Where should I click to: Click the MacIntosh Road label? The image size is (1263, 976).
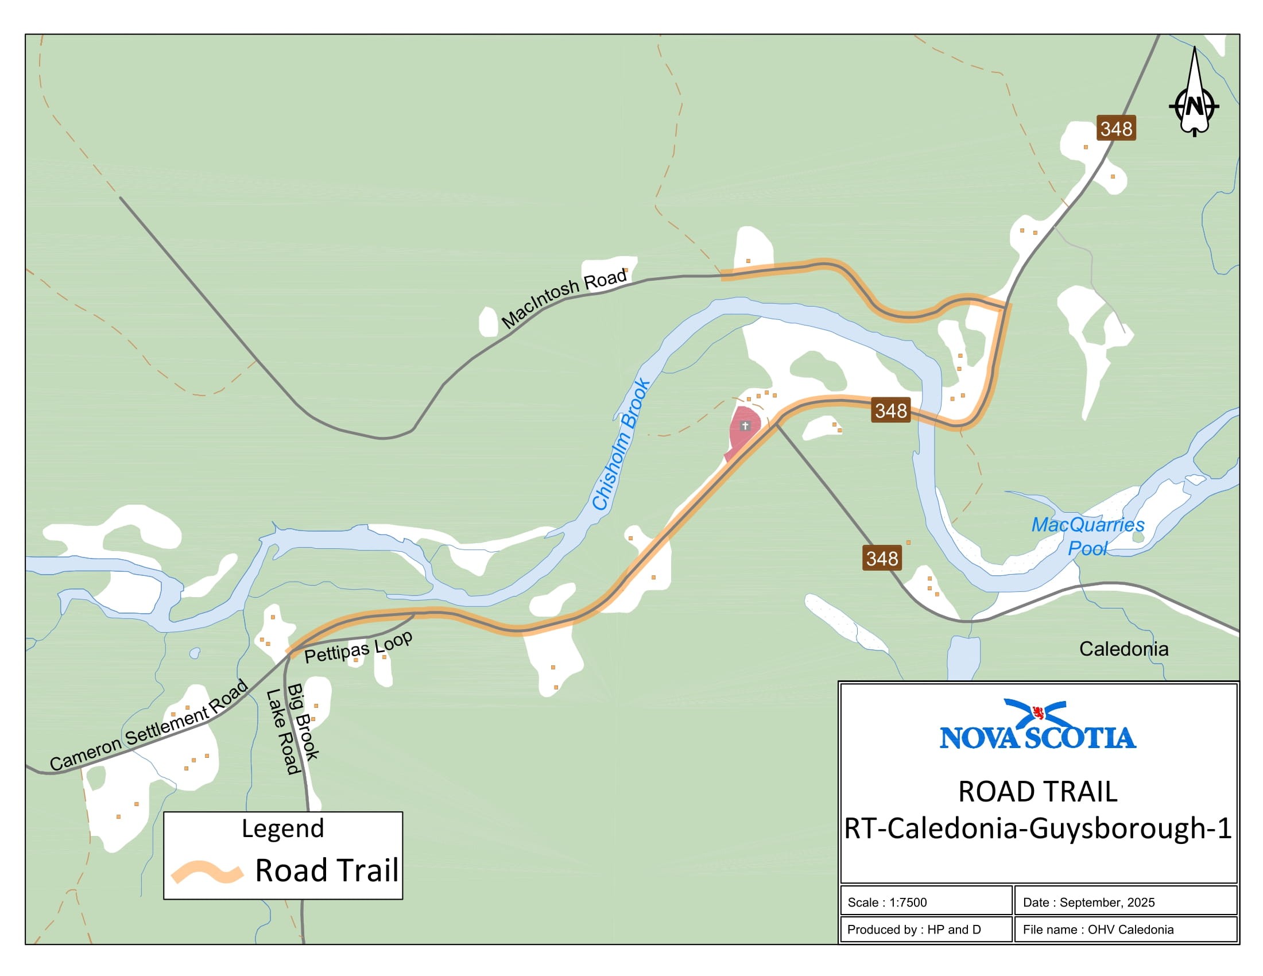point(564,299)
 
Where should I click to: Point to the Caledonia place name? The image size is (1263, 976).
point(1123,649)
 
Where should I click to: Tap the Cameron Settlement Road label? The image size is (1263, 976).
point(149,726)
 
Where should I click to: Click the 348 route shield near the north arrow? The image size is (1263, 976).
point(1115,129)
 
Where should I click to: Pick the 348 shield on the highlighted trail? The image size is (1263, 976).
point(890,410)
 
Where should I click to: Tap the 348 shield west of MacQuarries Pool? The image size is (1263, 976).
point(881,559)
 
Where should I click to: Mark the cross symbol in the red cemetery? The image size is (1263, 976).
point(745,426)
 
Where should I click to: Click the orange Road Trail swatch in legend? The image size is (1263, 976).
point(207,872)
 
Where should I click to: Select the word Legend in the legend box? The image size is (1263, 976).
point(283,828)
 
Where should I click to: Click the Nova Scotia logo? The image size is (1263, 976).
point(1037,726)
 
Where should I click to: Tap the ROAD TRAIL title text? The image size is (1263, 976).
point(1037,792)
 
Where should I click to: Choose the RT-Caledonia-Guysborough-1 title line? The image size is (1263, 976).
point(1037,828)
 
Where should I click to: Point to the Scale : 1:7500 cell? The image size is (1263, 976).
point(925,903)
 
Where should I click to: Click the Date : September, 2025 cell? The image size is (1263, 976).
point(1124,903)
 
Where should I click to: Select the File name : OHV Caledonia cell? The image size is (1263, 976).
point(1124,929)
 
